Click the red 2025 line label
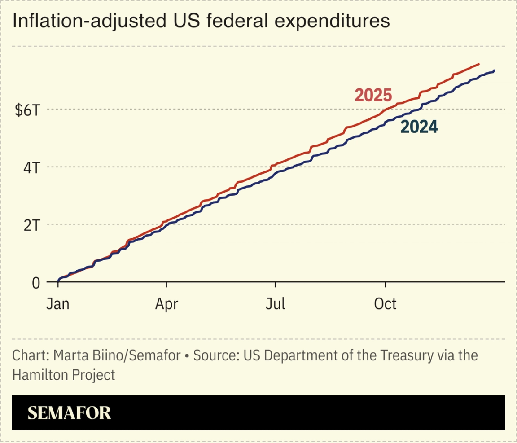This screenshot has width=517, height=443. (x=373, y=95)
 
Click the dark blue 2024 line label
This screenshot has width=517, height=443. (x=419, y=127)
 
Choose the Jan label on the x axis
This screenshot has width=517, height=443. (x=58, y=304)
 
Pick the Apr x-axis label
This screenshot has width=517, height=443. (x=166, y=304)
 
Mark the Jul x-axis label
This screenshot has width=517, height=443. (x=276, y=304)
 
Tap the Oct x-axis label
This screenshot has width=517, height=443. (x=385, y=304)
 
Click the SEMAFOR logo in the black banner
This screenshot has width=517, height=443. (x=69, y=413)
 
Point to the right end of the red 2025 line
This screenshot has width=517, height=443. (x=479, y=64)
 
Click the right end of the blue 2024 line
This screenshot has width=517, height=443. (x=494, y=70)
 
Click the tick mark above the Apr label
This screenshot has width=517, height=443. (x=166, y=285)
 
